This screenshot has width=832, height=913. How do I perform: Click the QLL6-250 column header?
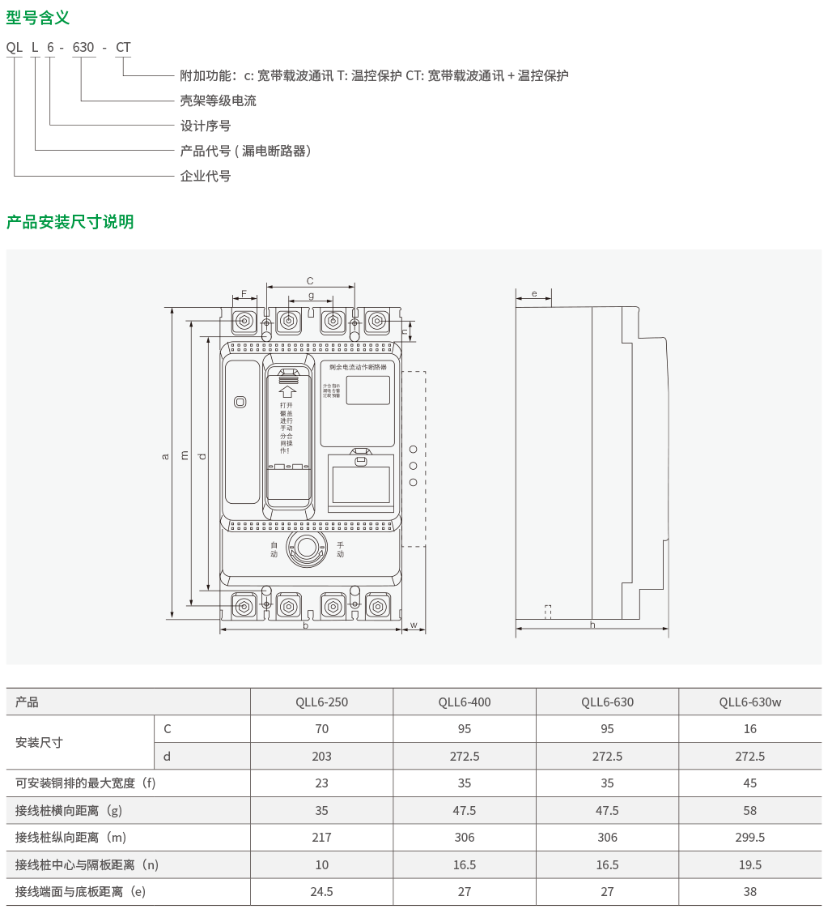321,702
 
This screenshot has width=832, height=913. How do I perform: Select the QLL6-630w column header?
749,702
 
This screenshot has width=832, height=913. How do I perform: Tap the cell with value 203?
321,757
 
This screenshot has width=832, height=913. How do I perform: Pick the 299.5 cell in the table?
749,838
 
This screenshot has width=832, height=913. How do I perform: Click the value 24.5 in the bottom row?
321,892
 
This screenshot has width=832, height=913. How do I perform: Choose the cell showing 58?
749,811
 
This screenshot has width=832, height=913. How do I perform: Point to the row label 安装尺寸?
39,743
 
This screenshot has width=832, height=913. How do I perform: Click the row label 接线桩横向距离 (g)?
69,811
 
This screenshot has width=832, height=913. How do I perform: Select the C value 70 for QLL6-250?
321,729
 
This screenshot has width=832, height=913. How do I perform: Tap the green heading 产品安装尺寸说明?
70,222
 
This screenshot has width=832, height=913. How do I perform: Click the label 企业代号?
205,176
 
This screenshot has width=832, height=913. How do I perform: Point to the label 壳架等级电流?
218,101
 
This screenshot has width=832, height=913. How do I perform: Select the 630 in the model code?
83,48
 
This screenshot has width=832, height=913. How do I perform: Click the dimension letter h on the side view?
592,625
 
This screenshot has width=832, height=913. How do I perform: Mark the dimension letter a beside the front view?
165,456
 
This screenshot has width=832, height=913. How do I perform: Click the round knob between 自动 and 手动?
307,548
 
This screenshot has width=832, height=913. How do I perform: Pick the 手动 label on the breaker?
340,549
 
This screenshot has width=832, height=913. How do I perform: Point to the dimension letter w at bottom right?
413,625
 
